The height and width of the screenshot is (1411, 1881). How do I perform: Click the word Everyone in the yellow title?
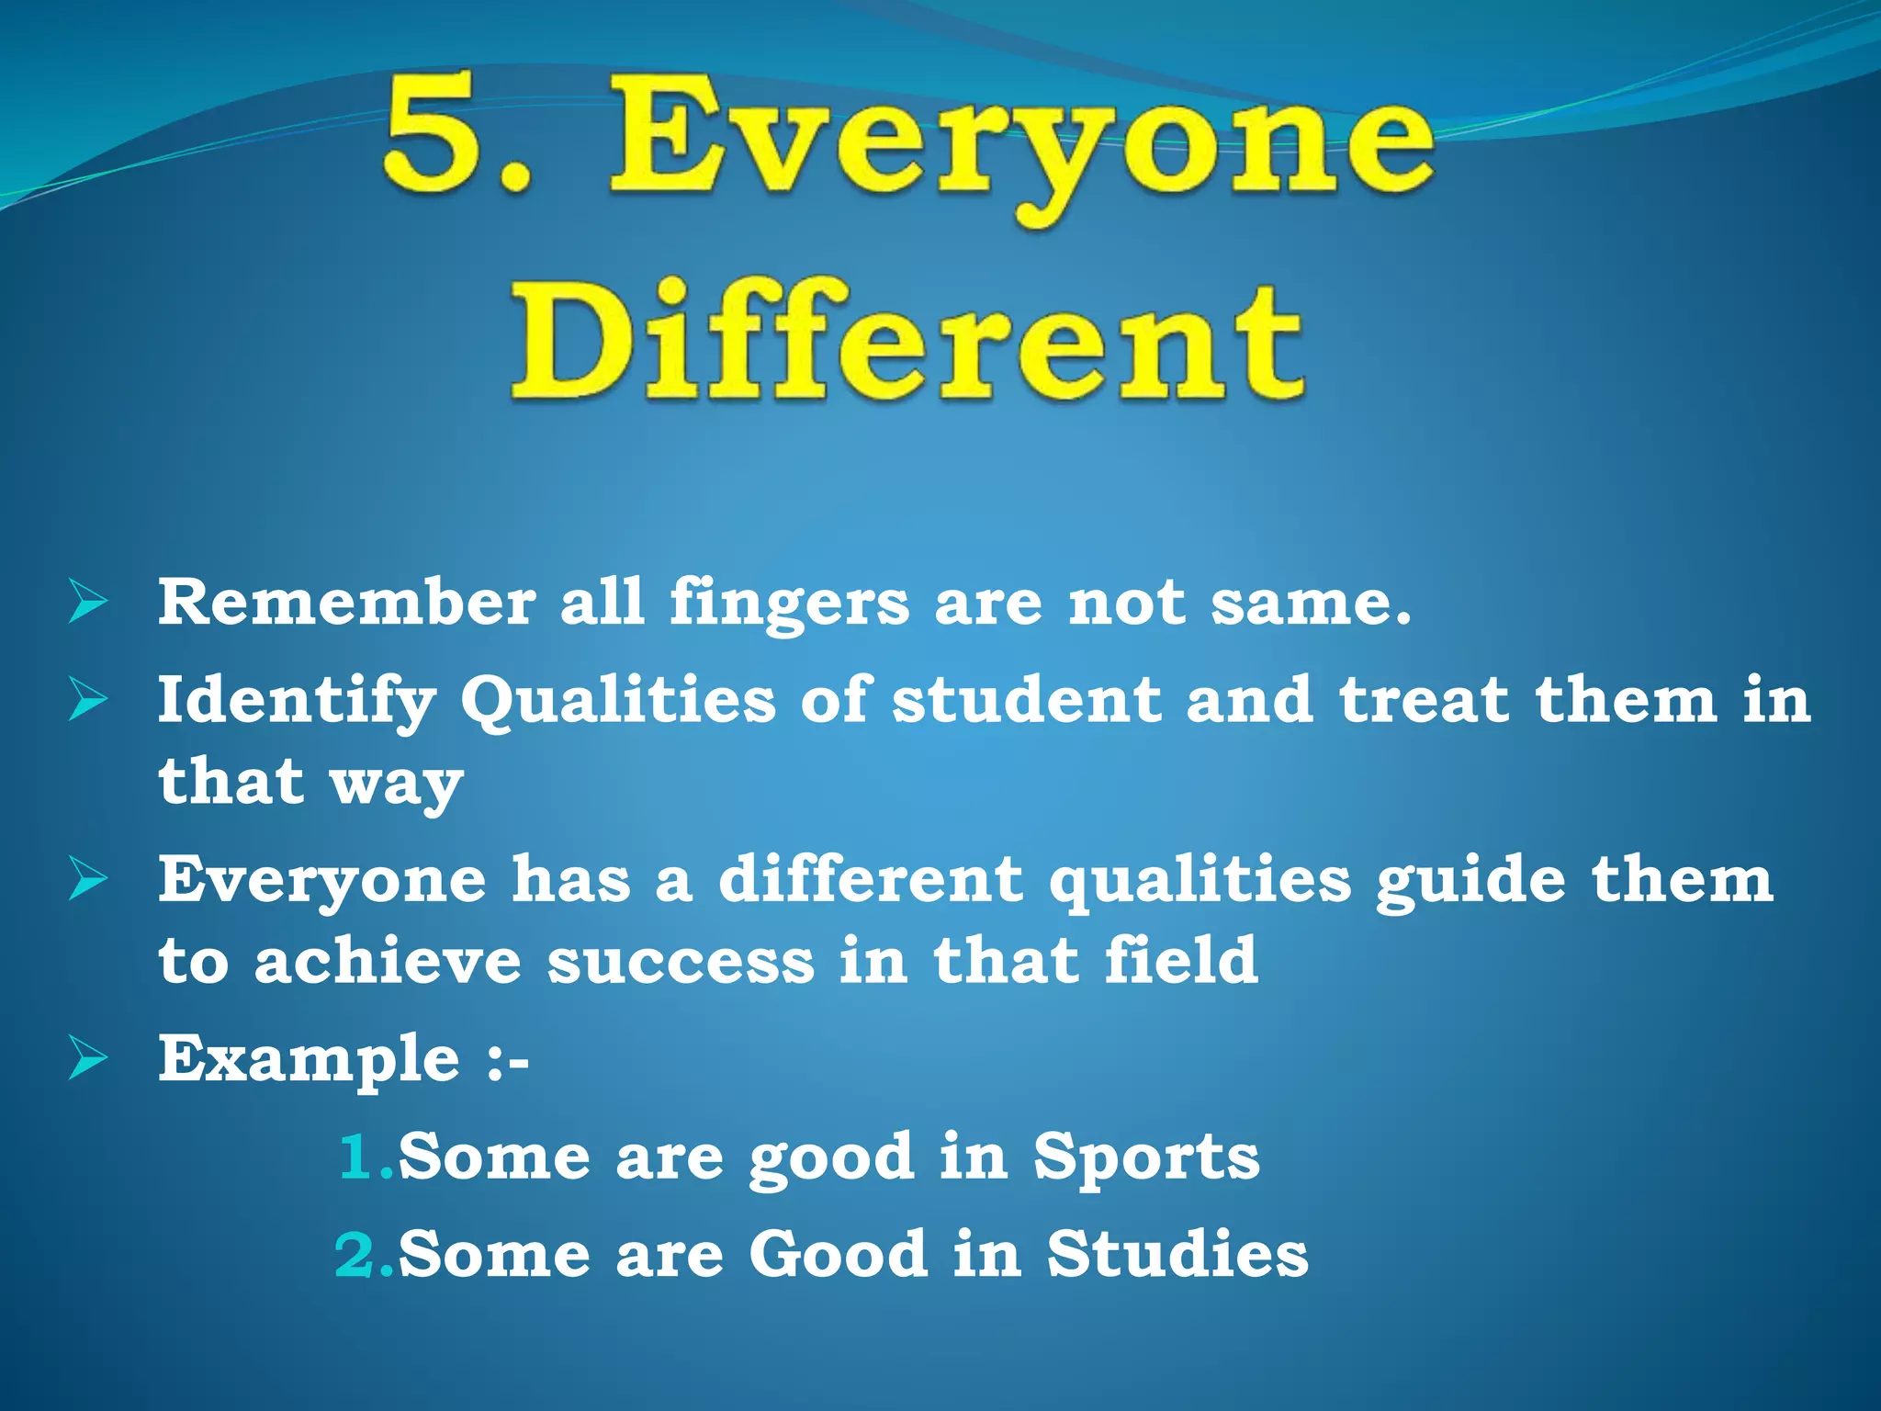(1019, 147)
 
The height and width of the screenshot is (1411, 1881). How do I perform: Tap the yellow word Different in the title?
(907, 342)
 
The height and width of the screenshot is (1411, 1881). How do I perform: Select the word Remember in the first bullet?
(346, 604)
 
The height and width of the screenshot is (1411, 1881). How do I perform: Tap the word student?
(1027, 700)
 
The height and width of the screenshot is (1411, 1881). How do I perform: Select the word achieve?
(388, 962)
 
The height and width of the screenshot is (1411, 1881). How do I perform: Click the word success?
(681, 962)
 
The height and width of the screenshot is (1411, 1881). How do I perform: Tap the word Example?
(309, 1059)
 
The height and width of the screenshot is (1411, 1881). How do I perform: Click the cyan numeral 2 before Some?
(355, 1255)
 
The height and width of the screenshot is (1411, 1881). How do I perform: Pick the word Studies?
(1177, 1255)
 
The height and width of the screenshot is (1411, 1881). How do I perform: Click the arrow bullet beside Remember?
(88, 604)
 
